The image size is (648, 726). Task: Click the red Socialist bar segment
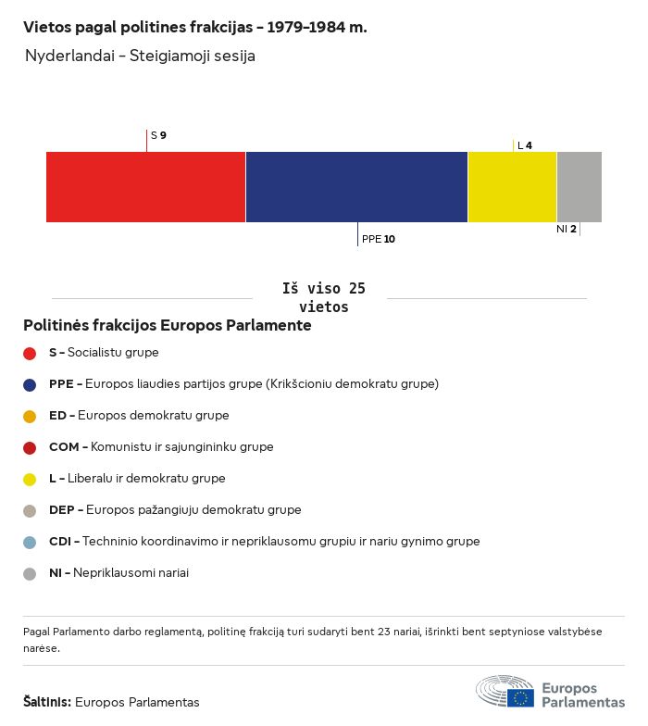click(x=146, y=187)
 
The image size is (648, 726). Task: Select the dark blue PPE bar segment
click(x=357, y=187)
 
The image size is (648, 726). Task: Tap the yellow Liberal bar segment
click(x=513, y=187)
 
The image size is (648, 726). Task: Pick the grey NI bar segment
click(x=579, y=187)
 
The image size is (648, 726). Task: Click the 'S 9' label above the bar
click(x=159, y=135)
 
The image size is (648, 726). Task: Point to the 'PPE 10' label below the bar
click(x=378, y=239)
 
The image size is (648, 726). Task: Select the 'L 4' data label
click(x=525, y=145)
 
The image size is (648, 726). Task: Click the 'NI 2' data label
click(x=567, y=229)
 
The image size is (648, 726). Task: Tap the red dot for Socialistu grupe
click(x=30, y=354)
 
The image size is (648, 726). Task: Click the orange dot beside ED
click(x=30, y=417)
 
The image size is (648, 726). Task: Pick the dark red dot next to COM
click(x=30, y=448)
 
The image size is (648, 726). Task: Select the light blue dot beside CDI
click(x=30, y=543)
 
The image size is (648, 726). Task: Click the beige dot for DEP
click(x=30, y=511)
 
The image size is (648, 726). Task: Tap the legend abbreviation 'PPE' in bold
click(x=61, y=384)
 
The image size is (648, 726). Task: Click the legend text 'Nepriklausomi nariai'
click(x=131, y=572)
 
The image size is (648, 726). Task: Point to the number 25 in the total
click(x=357, y=289)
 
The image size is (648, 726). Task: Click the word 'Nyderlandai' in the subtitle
click(x=70, y=56)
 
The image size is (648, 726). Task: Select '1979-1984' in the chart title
click(x=306, y=27)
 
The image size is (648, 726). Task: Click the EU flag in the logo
click(x=520, y=698)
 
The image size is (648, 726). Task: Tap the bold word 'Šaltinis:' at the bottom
click(x=47, y=702)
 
